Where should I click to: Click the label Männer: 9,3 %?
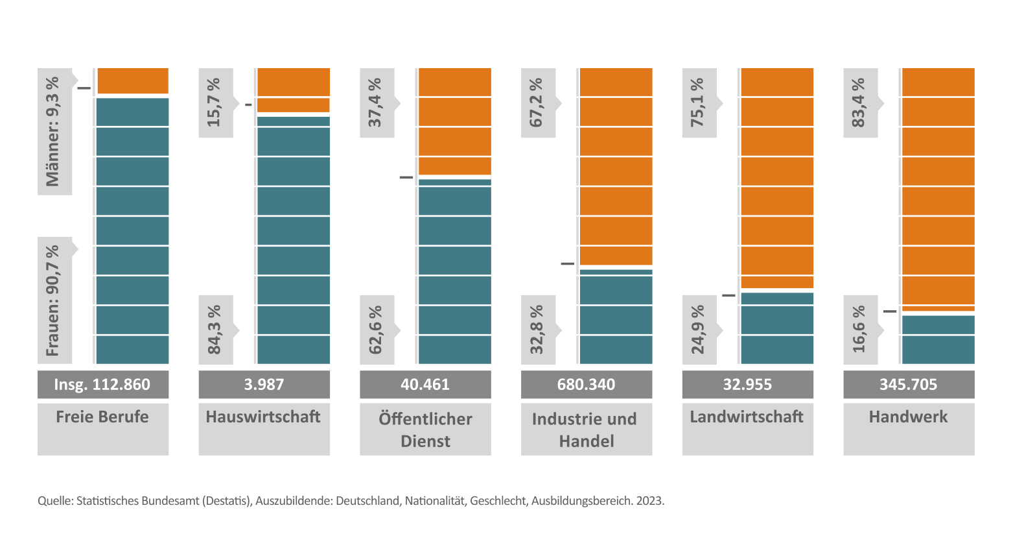coord(53,131)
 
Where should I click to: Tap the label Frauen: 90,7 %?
coord(53,300)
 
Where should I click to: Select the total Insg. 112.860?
coord(102,384)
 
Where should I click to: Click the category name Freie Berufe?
coord(102,417)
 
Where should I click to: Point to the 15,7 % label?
coord(214,103)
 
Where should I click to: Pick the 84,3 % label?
coord(214,330)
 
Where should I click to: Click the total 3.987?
coord(264,384)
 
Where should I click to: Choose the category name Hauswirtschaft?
coord(263,417)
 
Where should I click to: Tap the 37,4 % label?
coord(375,103)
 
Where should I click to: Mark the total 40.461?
coord(425,384)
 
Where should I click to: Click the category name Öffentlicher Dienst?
coord(425,430)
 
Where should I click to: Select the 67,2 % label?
coord(537,103)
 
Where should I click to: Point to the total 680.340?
coord(586,384)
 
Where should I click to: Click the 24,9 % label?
coord(698,330)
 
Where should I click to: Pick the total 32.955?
coord(747,384)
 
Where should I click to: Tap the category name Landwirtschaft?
coord(747,417)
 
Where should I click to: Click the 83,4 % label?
coord(859,103)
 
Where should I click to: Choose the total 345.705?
coord(908,384)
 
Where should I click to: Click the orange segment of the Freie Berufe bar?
coord(132,81)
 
